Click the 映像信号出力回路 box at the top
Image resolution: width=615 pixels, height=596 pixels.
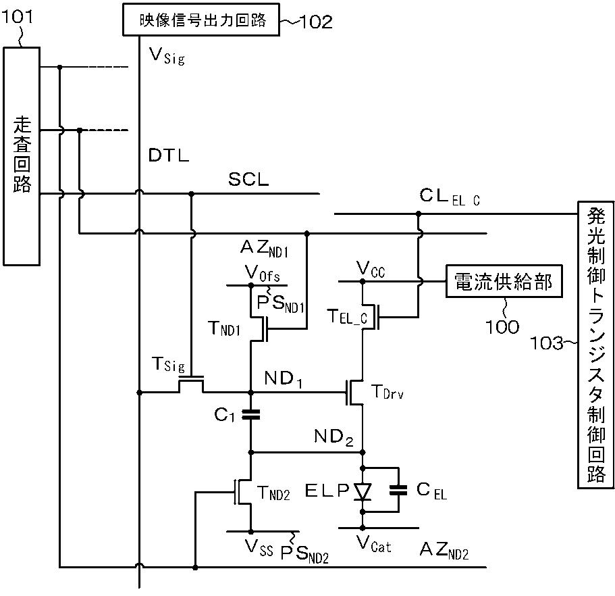point(200,20)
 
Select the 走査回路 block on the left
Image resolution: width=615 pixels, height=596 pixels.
point(22,156)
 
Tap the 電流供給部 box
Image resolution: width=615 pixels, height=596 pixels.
point(504,281)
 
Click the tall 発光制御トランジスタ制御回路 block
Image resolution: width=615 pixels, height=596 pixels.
point(595,345)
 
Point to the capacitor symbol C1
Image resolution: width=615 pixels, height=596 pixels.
point(251,414)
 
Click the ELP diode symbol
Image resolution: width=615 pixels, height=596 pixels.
point(363,491)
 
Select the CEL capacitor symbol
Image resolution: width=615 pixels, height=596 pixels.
point(398,490)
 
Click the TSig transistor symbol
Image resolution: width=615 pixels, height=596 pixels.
point(192,383)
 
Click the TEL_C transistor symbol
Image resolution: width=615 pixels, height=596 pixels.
point(371,317)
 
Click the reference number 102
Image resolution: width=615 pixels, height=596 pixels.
point(315,21)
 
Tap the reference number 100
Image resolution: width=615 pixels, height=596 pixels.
point(502,326)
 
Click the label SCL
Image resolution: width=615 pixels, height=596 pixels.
point(248,180)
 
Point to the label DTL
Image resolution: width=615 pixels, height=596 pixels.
point(169,155)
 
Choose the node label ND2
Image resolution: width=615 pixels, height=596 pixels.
point(333,437)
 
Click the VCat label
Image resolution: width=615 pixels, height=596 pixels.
point(374,544)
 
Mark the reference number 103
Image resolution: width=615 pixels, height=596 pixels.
point(546,343)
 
